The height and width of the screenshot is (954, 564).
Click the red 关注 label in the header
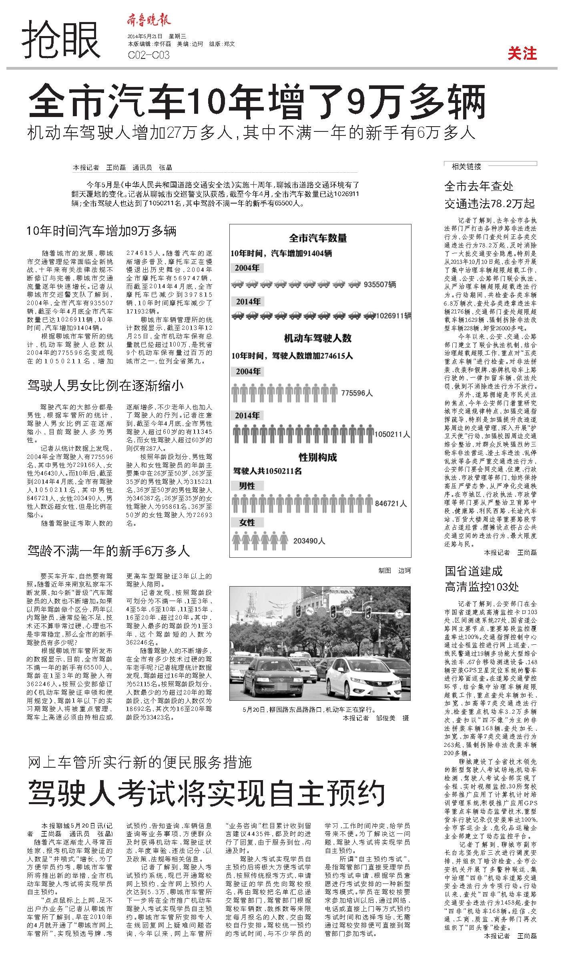522,53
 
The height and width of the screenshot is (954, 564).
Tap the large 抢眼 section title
61,40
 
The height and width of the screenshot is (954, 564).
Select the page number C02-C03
149,55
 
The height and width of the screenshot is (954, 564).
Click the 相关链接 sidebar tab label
466,167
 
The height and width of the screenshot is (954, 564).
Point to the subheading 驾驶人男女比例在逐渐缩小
105,385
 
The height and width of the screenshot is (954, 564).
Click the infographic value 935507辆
380,284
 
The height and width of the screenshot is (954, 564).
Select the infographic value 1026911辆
393,316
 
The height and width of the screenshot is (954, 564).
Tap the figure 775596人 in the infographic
357,393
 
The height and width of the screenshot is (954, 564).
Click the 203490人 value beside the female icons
309,541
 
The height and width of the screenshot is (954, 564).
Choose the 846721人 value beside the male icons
391,504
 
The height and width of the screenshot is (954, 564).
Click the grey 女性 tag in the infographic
247,522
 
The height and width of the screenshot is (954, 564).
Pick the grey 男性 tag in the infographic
247,486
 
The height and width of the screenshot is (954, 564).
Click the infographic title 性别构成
318,457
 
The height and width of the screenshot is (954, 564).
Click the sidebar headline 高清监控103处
482,587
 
